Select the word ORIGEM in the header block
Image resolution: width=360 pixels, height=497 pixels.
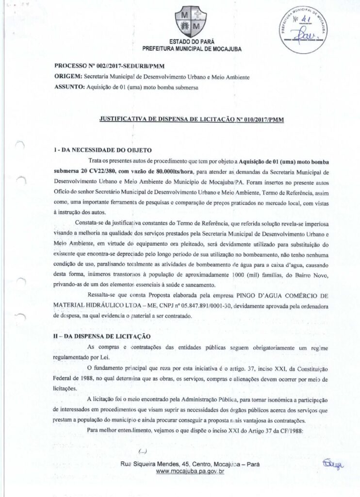point(68,77)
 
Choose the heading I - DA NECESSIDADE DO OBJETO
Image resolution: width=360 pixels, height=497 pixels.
point(103,150)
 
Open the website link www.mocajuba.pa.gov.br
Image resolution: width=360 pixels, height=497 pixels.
point(190,471)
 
